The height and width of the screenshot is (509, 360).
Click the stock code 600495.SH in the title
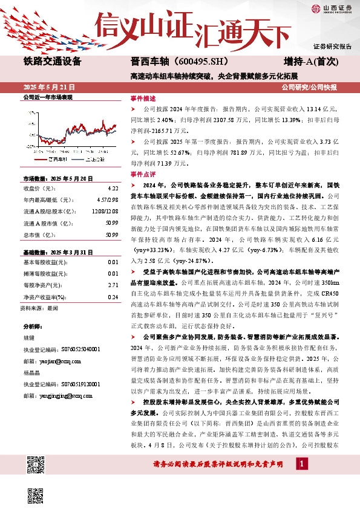(193, 61)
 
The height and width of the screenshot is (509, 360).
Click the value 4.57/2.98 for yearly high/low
(99, 199)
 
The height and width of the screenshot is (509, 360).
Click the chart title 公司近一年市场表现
(48, 97)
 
